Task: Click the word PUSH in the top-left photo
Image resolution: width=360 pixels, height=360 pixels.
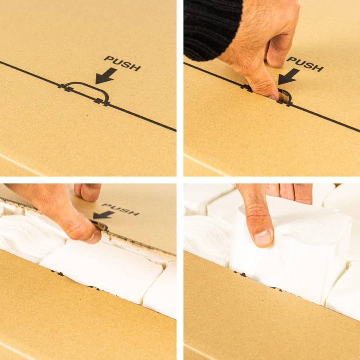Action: tap(122, 63)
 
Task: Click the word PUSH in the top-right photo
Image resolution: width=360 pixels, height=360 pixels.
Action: tap(305, 64)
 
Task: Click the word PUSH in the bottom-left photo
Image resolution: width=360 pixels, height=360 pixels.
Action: tap(120, 209)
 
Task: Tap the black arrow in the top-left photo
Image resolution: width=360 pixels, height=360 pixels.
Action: tap(106, 76)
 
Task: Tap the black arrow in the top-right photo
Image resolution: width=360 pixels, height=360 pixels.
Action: tap(288, 77)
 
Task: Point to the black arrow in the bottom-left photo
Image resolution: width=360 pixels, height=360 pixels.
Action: tap(103, 215)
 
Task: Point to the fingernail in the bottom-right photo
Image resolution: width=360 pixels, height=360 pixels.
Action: tap(263, 238)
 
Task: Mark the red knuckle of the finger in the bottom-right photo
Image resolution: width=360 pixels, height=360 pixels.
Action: tap(257, 210)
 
